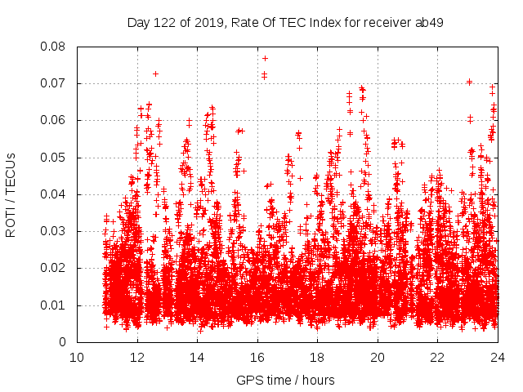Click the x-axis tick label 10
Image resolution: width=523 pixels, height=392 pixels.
coord(77,357)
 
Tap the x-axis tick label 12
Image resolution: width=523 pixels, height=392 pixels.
coord(137,357)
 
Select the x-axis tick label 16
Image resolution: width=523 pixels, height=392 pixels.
coord(257,357)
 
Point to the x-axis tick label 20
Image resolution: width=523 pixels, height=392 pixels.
coord(378,357)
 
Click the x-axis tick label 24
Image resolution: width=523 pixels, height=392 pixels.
coord(498,357)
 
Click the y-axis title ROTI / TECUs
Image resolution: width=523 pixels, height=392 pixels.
coord(11,194)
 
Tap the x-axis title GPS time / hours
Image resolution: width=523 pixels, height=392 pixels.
coord(285,380)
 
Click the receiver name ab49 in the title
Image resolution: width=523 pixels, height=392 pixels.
coord(430,23)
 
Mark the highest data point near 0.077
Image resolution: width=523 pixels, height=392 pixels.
coord(265,58)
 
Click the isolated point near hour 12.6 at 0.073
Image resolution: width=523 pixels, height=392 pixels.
coord(155,73)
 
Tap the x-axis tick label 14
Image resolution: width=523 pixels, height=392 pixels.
coord(197,357)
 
